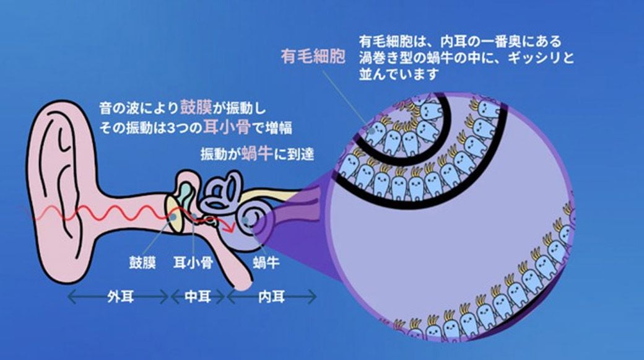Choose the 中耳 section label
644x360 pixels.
click(x=197, y=297)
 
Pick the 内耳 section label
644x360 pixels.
click(x=271, y=297)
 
